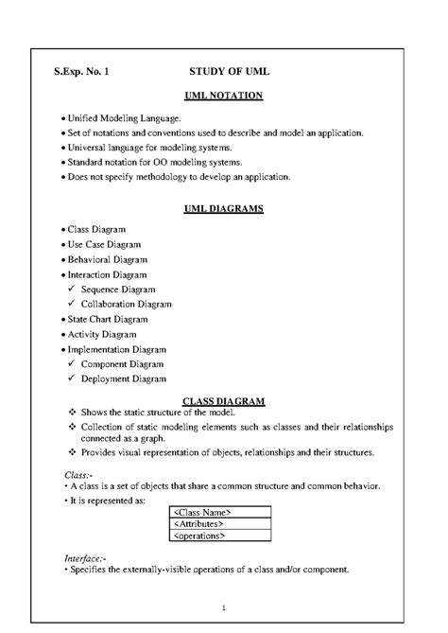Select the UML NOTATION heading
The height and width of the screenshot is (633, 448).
click(223, 97)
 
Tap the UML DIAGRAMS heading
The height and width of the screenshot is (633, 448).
click(223, 209)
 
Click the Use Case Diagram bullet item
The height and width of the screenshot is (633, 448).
click(104, 244)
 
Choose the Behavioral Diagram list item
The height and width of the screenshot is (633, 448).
click(107, 259)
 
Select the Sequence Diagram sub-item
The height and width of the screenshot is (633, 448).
click(118, 290)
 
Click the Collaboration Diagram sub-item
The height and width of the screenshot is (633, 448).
click(127, 305)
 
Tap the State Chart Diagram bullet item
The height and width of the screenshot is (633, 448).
click(108, 320)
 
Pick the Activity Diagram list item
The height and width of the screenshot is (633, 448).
click(101, 334)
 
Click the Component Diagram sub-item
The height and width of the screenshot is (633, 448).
click(123, 364)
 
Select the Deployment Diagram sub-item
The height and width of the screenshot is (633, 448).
click(124, 379)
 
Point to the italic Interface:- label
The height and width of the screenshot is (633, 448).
click(85, 559)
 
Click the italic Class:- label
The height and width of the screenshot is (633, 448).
click(78, 473)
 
